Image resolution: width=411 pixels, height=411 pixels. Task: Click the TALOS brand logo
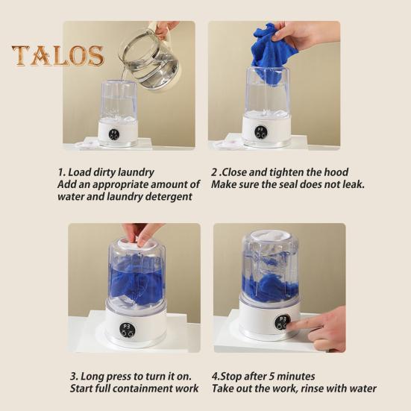(x=57, y=55)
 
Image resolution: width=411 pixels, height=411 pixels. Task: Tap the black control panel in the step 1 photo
(x=114, y=134)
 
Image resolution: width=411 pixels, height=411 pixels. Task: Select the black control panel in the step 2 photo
(x=260, y=131)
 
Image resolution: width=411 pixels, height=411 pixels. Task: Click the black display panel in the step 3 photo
(x=127, y=330)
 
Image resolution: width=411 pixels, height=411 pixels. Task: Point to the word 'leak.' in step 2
(x=354, y=184)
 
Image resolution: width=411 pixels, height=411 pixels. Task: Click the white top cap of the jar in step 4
(x=270, y=235)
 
